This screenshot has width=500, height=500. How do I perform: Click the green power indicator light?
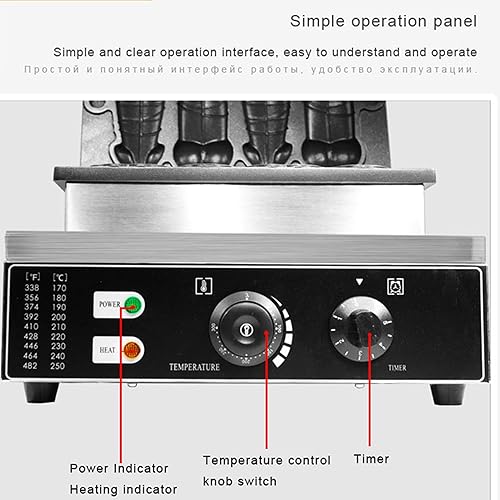pos(128,305)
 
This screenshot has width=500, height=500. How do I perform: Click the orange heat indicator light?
pos(129,349)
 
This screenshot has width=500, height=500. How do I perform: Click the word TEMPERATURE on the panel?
pos(193,367)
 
